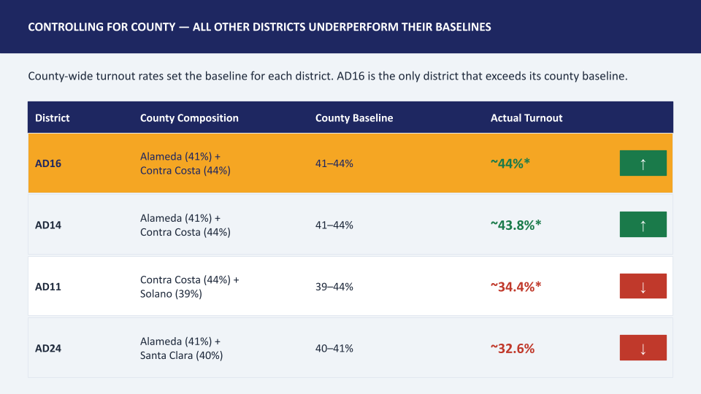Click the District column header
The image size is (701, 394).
pyautogui.click(x=53, y=118)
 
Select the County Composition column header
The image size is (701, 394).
pyautogui.click(x=189, y=118)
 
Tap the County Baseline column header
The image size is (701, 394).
pyautogui.click(x=354, y=118)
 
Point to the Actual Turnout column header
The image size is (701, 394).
pyautogui.click(x=526, y=118)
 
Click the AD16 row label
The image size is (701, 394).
pyautogui.click(x=48, y=163)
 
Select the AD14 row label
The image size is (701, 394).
pyautogui.click(x=48, y=225)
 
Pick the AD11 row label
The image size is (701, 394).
pyautogui.click(x=48, y=287)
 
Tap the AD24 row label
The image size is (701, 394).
pyautogui.click(x=48, y=349)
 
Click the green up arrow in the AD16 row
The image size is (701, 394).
pyautogui.click(x=643, y=163)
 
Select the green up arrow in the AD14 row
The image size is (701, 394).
pyautogui.click(x=643, y=224)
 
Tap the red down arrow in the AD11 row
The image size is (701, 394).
pyautogui.click(x=643, y=286)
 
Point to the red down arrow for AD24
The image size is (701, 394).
pyautogui.click(x=643, y=347)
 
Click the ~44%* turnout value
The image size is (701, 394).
pyautogui.click(x=510, y=163)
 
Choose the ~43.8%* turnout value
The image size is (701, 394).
pyautogui.click(x=516, y=225)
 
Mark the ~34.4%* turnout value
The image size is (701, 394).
pyautogui.click(x=516, y=287)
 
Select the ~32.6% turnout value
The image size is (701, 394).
pyautogui.click(x=513, y=349)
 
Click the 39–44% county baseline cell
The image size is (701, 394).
pyautogui.click(x=334, y=287)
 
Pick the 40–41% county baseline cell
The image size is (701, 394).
pyautogui.click(x=334, y=349)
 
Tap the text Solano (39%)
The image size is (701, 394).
pyautogui.click(x=171, y=294)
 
